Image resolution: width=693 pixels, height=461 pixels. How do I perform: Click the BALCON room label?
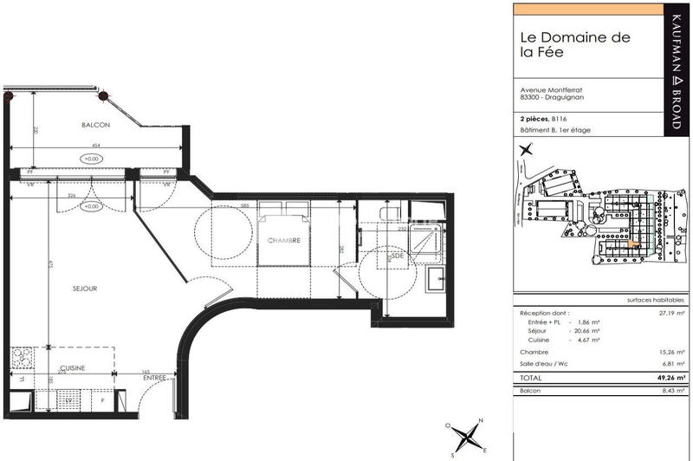click(96, 125)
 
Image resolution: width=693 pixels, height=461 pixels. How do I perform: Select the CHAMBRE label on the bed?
click(283, 241)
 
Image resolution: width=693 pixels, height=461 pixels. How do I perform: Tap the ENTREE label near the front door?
click(155, 378)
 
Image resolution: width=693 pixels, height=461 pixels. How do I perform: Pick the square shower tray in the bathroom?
click(424, 243)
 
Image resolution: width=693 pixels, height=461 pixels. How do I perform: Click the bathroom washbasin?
click(436, 279)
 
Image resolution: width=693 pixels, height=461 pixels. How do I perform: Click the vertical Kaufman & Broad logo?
click(676, 69)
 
